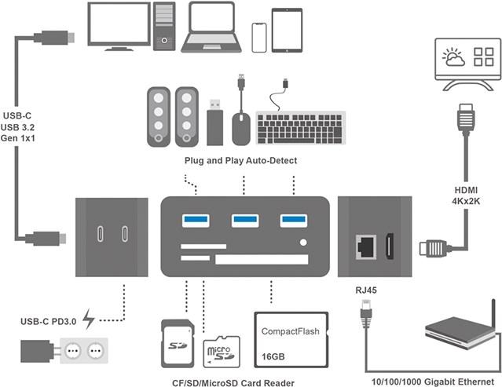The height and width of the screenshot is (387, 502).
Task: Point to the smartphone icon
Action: click(259, 36)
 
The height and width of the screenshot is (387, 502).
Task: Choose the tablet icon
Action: click(287, 31)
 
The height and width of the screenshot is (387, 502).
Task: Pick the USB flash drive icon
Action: click(214, 123)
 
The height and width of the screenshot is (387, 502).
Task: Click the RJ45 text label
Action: click(365, 289)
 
